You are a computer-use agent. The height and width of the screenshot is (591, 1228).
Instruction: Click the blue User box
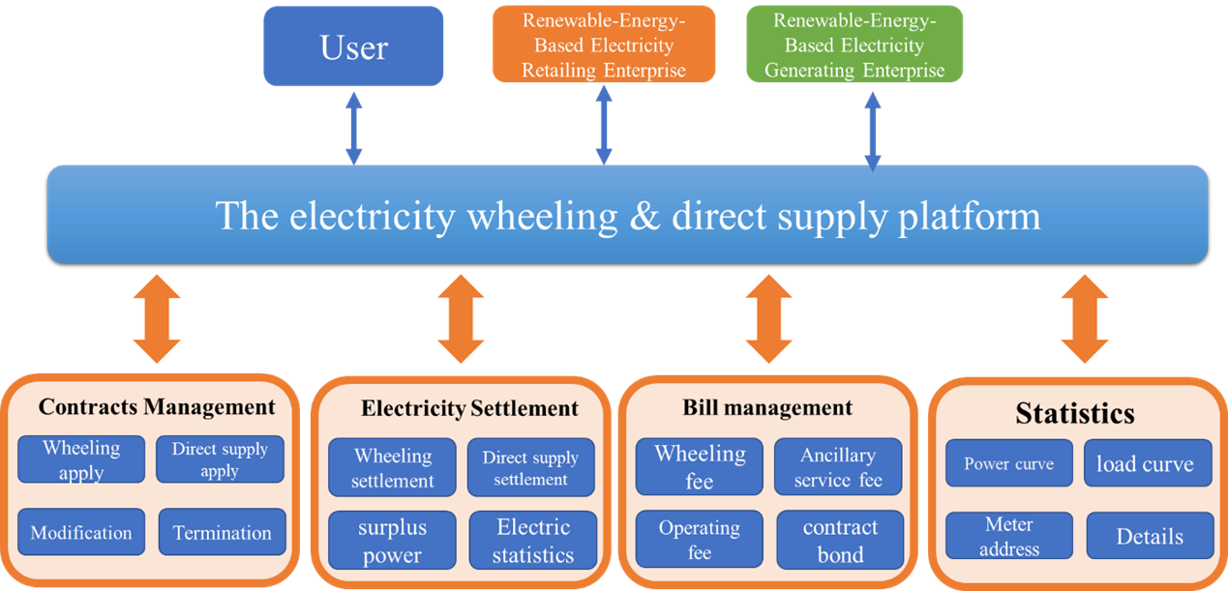click(x=354, y=46)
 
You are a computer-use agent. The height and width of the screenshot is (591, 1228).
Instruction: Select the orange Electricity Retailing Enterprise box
click(x=604, y=44)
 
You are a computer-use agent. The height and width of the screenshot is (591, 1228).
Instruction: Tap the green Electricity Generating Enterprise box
click(x=854, y=44)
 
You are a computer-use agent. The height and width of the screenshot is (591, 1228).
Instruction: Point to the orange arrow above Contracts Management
click(x=156, y=318)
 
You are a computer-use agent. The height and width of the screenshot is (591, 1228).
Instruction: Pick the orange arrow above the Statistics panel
click(x=1085, y=318)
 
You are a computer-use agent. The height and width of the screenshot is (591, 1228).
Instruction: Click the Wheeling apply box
click(x=81, y=459)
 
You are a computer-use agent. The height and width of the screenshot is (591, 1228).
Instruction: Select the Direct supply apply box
click(x=220, y=459)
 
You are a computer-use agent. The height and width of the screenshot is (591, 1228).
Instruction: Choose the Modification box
click(x=81, y=532)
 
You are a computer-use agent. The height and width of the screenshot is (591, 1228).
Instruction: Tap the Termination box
click(x=222, y=532)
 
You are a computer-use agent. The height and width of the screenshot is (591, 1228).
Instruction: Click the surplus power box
click(x=392, y=541)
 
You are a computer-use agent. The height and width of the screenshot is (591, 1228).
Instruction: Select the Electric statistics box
click(x=532, y=541)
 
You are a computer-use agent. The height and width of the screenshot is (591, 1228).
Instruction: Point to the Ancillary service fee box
click(x=838, y=467)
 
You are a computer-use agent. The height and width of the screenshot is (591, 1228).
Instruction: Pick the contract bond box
click(x=840, y=541)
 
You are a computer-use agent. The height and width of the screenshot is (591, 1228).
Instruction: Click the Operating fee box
click(x=699, y=541)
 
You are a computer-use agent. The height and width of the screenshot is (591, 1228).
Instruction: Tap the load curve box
click(x=1145, y=464)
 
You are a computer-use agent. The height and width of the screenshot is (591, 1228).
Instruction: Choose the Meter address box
click(x=1009, y=536)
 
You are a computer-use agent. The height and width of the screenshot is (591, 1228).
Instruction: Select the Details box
click(x=1150, y=536)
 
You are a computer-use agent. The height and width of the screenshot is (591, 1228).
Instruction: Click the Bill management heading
click(x=767, y=407)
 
